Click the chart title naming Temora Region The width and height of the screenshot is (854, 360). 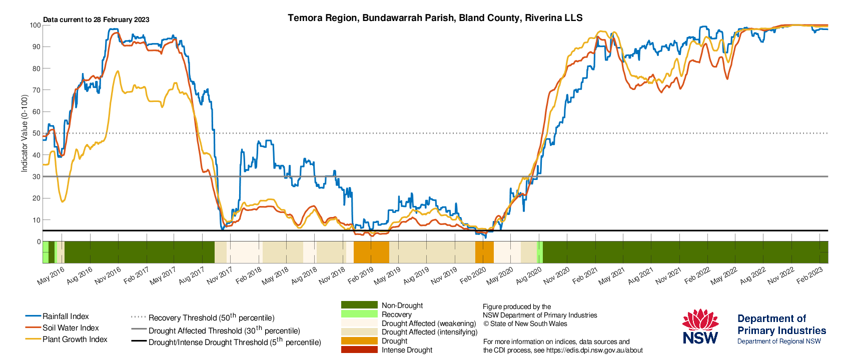pos(435,18)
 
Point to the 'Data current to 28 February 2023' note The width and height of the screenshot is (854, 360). pos(96,20)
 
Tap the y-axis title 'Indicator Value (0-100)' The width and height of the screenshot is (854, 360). pos(25,133)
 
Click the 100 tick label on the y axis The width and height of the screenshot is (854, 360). pos(35,25)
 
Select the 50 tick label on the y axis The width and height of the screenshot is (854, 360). pos(37,133)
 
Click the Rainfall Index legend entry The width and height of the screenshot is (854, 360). pos(57,316)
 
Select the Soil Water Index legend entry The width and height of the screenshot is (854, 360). pos(62,327)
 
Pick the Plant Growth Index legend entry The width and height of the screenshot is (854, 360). pos(67,339)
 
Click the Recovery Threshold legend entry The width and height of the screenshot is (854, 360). pos(203,317)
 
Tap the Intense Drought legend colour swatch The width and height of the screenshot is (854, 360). pos(359,349)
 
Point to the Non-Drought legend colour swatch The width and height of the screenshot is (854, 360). pos(359,305)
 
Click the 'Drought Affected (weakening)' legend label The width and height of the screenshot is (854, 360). pos(429,323)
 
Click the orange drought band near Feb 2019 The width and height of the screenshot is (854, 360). pos(371,252)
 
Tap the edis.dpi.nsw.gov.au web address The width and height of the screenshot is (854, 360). pos(594,350)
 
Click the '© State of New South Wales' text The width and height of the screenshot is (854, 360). pos(525,324)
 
